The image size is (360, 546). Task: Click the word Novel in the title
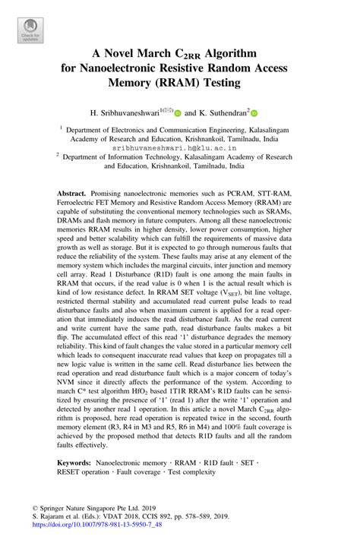(134, 54)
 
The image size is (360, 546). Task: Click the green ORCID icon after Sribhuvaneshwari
(177, 114)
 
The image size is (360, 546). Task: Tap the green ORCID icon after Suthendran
(254, 114)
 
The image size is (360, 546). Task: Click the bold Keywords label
(80, 462)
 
